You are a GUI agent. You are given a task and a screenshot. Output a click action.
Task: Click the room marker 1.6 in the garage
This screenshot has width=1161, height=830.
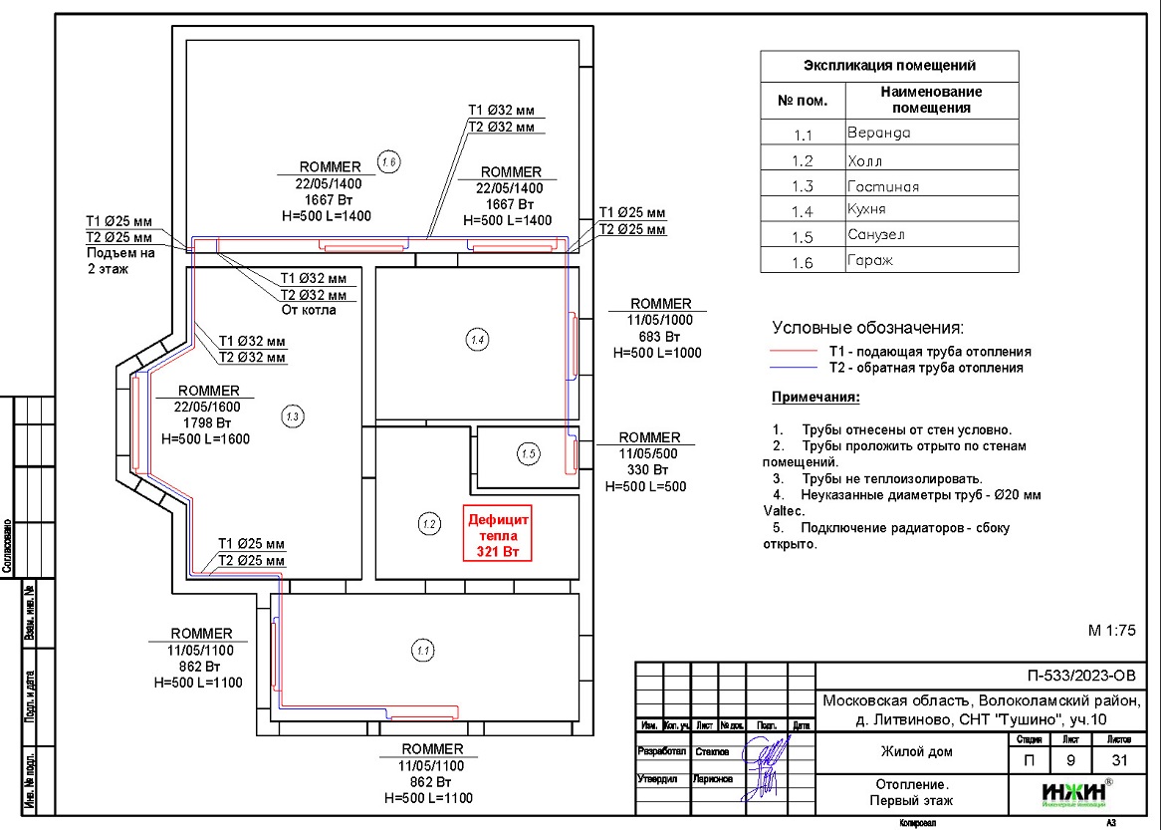pyautogui.click(x=388, y=160)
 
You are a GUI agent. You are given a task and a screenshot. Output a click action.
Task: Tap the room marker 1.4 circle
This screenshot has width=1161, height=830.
pyautogui.click(x=477, y=340)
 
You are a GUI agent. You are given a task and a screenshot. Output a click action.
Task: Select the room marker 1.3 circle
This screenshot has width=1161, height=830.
pyautogui.click(x=291, y=415)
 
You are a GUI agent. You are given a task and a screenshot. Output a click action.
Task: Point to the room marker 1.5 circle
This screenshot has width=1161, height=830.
pyautogui.click(x=528, y=454)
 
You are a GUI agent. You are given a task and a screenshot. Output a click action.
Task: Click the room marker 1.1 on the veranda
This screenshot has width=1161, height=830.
pyautogui.click(x=421, y=651)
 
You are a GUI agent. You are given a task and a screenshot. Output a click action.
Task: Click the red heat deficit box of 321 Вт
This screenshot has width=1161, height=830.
pyautogui.click(x=501, y=535)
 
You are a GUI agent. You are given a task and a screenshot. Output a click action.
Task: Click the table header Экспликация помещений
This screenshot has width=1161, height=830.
pyautogui.click(x=889, y=66)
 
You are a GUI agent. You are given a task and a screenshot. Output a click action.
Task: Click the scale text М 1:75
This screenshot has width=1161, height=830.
pyautogui.click(x=1111, y=630)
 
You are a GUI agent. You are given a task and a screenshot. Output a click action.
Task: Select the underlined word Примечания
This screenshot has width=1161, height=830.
pyautogui.click(x=815, y=398)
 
